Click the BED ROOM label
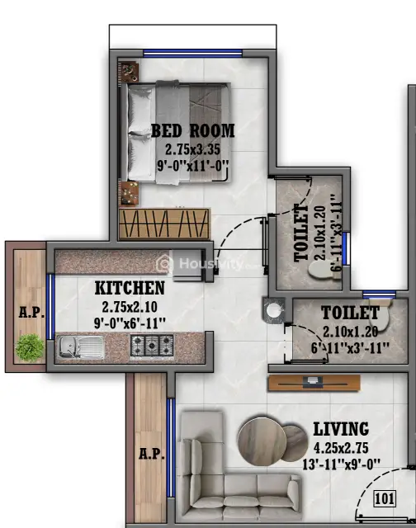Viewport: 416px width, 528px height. click(192, 130)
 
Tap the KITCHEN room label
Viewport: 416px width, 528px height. click(130, 288)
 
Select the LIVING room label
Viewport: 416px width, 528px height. click(341, 429)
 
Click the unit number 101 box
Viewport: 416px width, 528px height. click(385, 498)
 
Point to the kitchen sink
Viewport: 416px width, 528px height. click(81, 346)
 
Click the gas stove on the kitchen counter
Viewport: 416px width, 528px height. click(152, 346)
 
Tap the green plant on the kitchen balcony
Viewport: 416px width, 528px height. click(30, 347)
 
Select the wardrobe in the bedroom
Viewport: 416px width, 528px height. click(164, 224)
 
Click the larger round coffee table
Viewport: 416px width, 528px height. click(262, 441)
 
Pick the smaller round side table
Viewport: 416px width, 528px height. click(295, 443)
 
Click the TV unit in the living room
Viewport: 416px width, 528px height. click(314, 383)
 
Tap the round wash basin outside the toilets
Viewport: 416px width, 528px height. click(273, 310)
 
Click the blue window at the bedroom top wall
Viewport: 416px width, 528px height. click(193, 53)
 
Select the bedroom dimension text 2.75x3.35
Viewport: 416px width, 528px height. click(192, 149)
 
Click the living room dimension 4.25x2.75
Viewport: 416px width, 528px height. click(341, 448)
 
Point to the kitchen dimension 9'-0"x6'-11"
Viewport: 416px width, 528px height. click(130, 324)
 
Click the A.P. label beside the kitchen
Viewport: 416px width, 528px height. click(31, 312)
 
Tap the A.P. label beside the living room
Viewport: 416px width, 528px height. click(152, 454)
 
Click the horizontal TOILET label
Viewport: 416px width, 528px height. click(350, 313)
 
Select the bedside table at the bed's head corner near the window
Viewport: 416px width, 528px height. click(128, 72)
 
